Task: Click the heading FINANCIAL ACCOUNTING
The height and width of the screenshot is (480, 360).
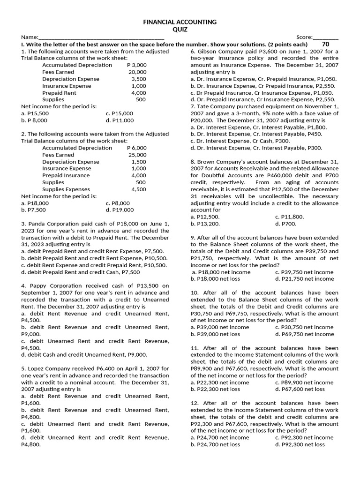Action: [180, 22]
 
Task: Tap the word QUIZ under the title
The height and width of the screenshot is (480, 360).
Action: [180, 29]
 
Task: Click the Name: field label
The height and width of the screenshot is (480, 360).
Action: [29, 37]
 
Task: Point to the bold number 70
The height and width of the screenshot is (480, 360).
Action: [326, 44]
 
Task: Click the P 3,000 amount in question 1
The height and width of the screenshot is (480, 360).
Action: [137, 65]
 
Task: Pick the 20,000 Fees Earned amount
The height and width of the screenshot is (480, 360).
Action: [137, 72]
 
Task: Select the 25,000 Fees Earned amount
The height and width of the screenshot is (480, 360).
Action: [137, 155]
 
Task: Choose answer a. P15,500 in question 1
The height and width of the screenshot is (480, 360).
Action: [35, 113]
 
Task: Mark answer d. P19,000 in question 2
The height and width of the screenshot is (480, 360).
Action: [120, 210]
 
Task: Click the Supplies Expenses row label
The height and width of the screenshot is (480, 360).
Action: [66, 189]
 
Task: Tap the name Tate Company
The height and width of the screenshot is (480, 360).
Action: [215, 106]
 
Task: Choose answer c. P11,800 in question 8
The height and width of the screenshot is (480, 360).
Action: [289, 217]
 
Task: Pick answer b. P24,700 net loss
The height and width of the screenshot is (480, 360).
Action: [215, 444]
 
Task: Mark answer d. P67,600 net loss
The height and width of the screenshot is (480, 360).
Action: [300, 389]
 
